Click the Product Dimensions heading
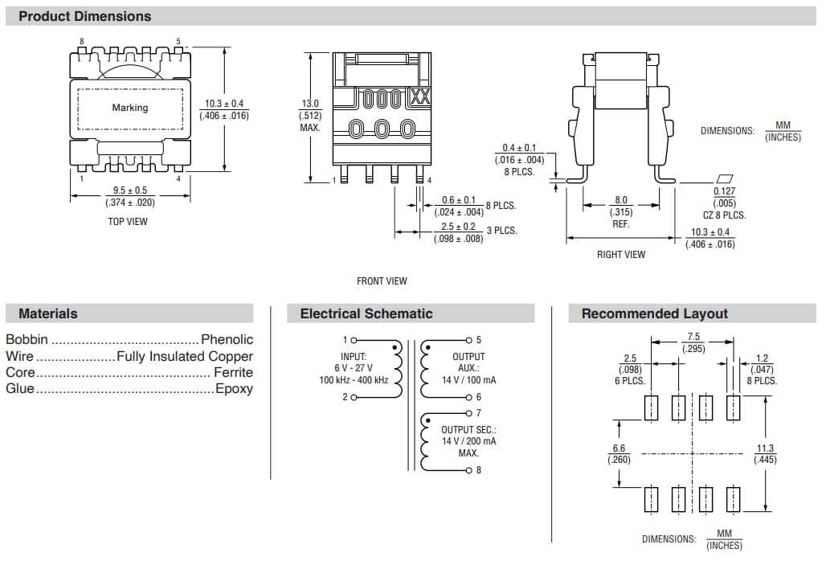pos(84,16)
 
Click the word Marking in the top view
pos(129,108)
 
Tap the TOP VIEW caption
pos(128,221)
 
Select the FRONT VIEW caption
pos(382,281)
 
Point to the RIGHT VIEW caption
pos(621,255)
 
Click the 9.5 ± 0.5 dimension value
pos(129,190)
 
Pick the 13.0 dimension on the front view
pos(310,104)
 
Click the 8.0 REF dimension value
pos(621,200)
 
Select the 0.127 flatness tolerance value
pos(724,191)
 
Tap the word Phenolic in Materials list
pos(227,340)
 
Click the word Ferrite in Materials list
pos(233,372)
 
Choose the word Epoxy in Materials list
pos(234,389)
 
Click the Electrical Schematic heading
pos(366,313)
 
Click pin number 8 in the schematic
pos(479,470)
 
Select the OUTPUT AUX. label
pos(468,362)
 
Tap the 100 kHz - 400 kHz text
pos(354,379)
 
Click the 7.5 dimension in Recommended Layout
pos(693,337)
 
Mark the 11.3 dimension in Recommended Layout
pos(765,448)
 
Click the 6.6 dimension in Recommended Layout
pos(618,448)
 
